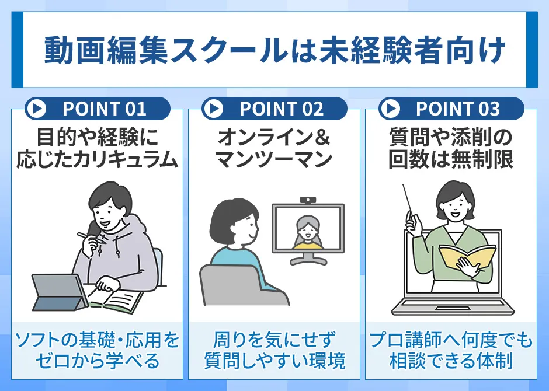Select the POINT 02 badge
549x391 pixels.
[274, 109]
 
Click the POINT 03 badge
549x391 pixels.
[451, 109]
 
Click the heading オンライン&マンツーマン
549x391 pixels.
[274, 149]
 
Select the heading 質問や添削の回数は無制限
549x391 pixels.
[451, 149]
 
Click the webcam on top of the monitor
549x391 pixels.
[308, 200]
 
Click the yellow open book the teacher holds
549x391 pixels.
[467, 257]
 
